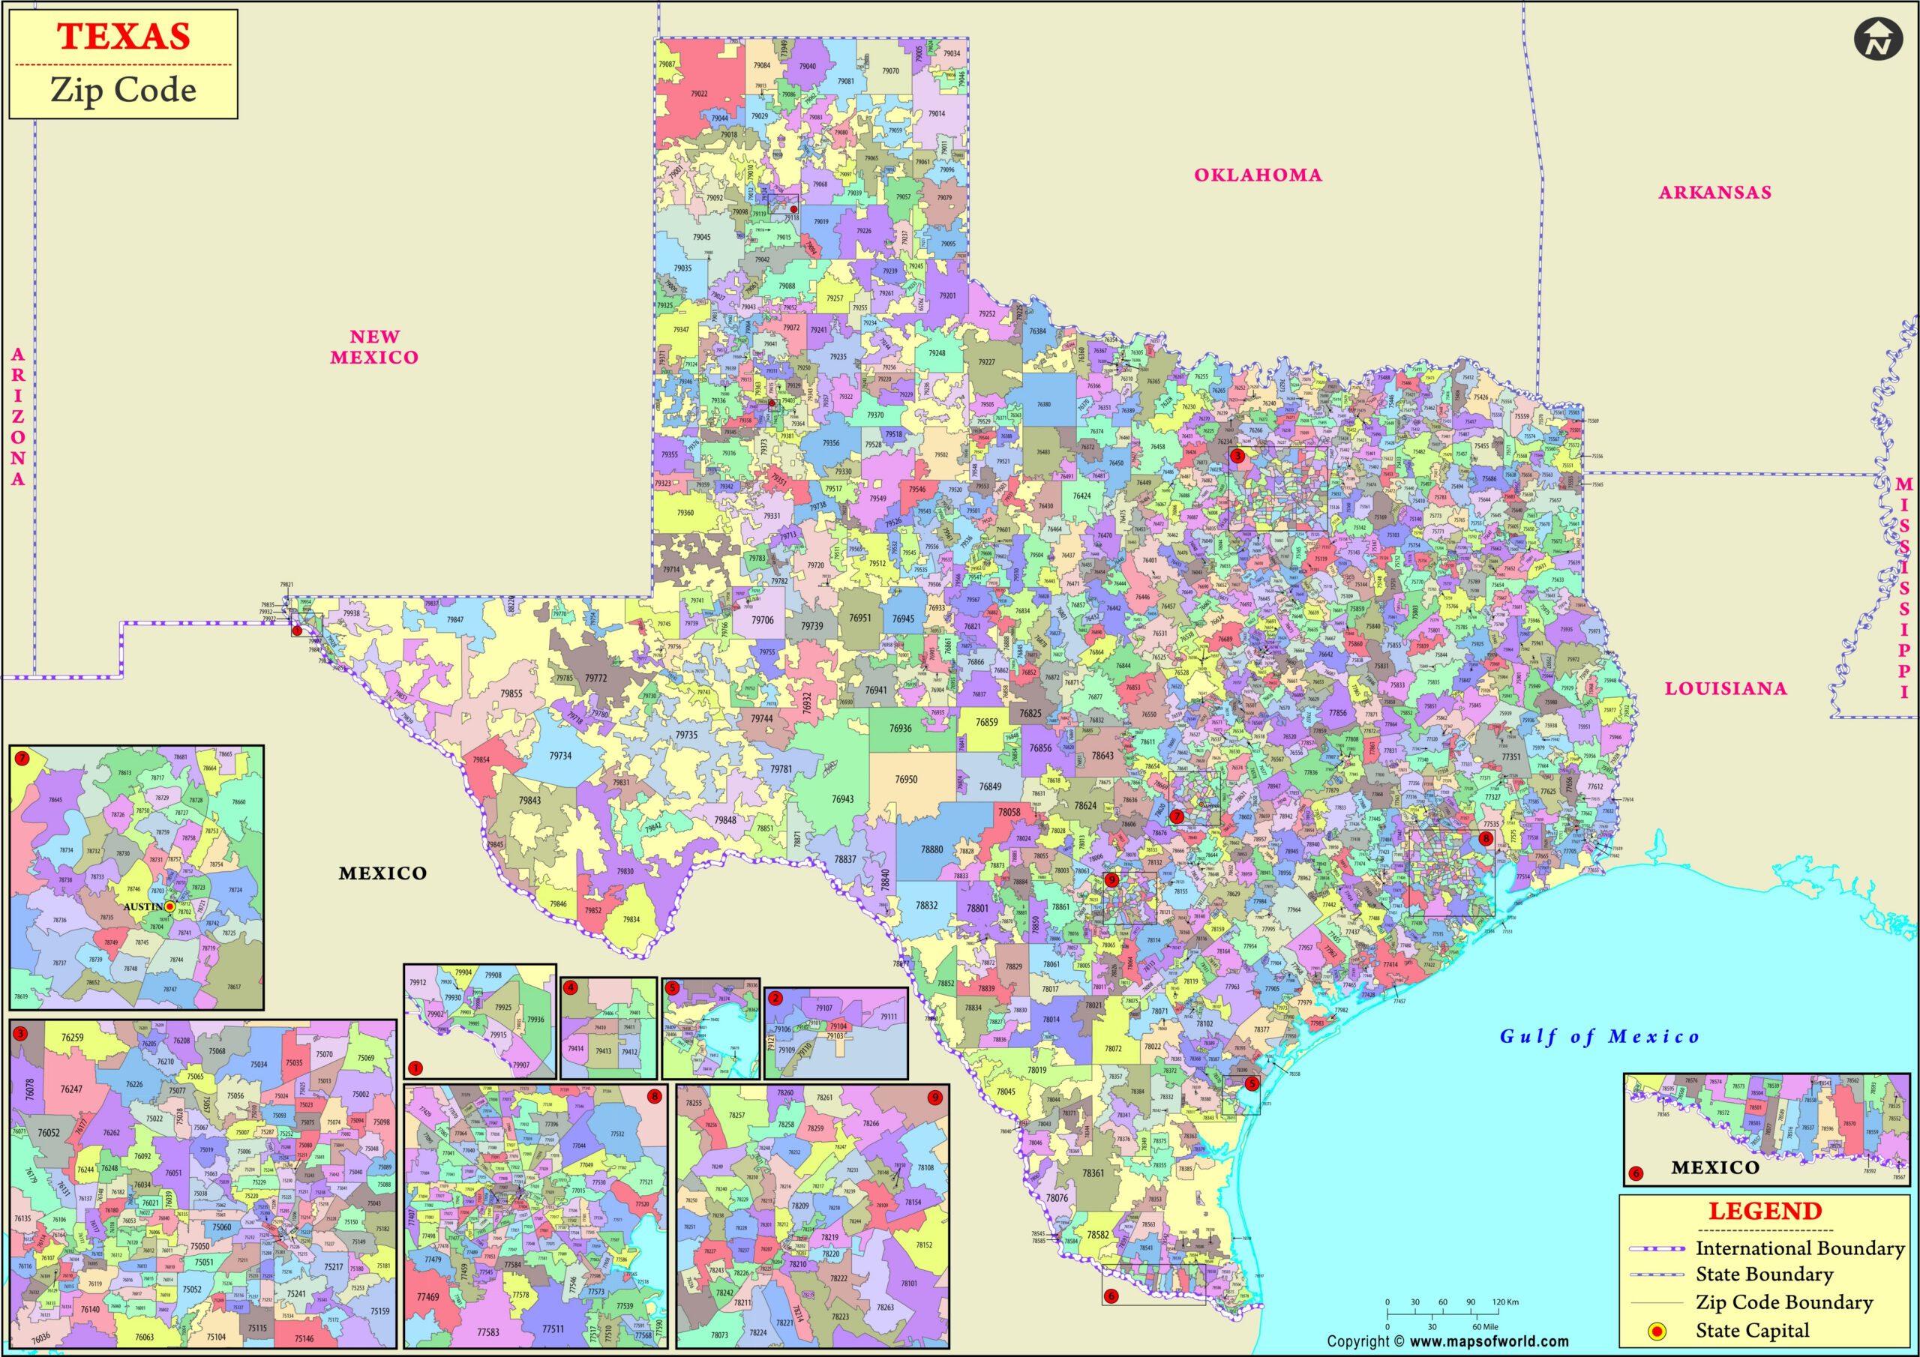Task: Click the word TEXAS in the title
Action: (124, 37)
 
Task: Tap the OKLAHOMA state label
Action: (1258, 175)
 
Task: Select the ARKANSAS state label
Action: (1715, 193)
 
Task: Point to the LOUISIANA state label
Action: (1725, 689)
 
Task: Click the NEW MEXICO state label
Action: (373, 347)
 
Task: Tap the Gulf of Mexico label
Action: (1600, 1037)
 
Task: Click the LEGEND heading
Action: (1765, 1212)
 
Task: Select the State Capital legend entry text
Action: (1752, 1330)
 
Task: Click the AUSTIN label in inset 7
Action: (144, 906)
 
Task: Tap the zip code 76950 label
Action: (906, 779)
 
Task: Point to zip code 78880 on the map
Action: (931, 849)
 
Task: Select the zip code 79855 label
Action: (511, 694)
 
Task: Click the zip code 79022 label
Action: (699, 94)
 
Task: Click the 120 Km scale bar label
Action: (1505, 1302)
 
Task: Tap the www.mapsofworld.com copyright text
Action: (1488, 1342)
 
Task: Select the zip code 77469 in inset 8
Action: (428, 1297)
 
